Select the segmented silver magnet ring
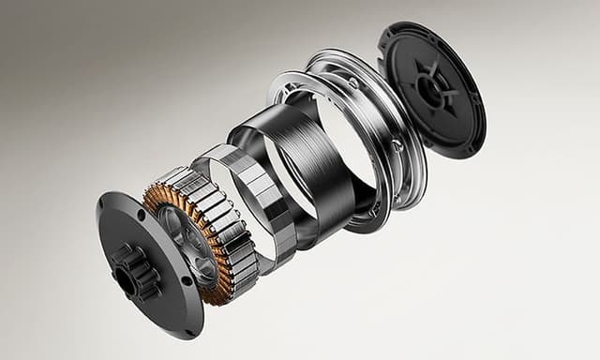pyautogui.click(x=272, y=202)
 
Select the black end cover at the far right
pyautogui.click(x=431, y=89)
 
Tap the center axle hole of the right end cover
pyautogui.click(x=434, y=90)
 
